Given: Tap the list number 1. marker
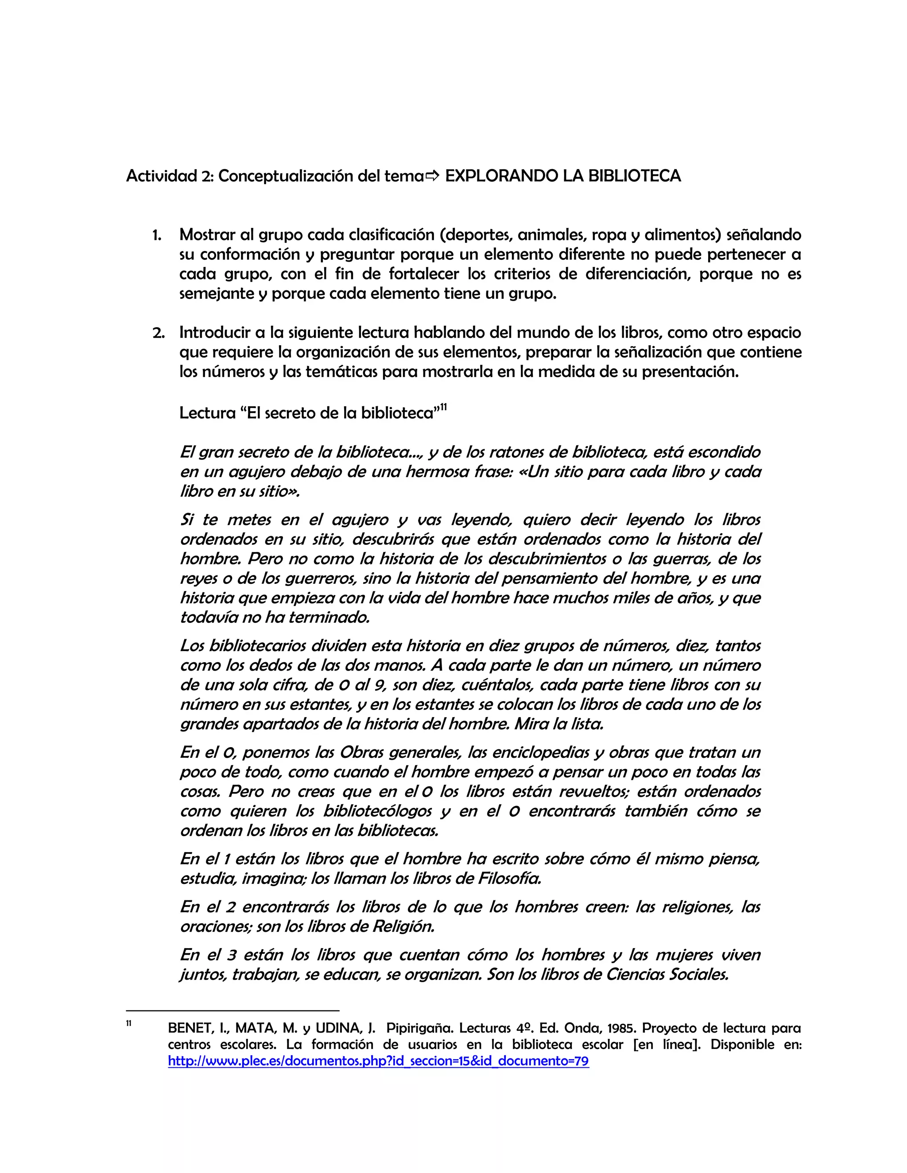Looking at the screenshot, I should [x=157, y=235].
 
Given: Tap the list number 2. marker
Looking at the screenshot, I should [x=158, y=332].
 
